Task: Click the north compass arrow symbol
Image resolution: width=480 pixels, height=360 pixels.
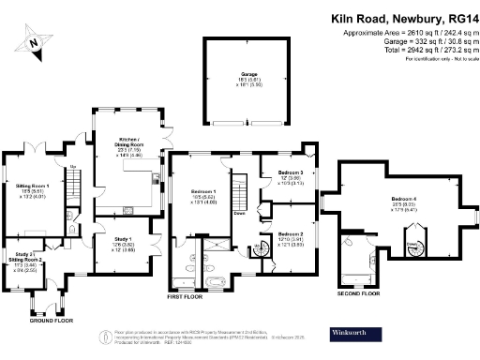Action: pos(35,41)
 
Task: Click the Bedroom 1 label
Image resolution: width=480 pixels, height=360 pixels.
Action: pos(203,192)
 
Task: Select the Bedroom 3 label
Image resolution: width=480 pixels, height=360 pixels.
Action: pos(290,178)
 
